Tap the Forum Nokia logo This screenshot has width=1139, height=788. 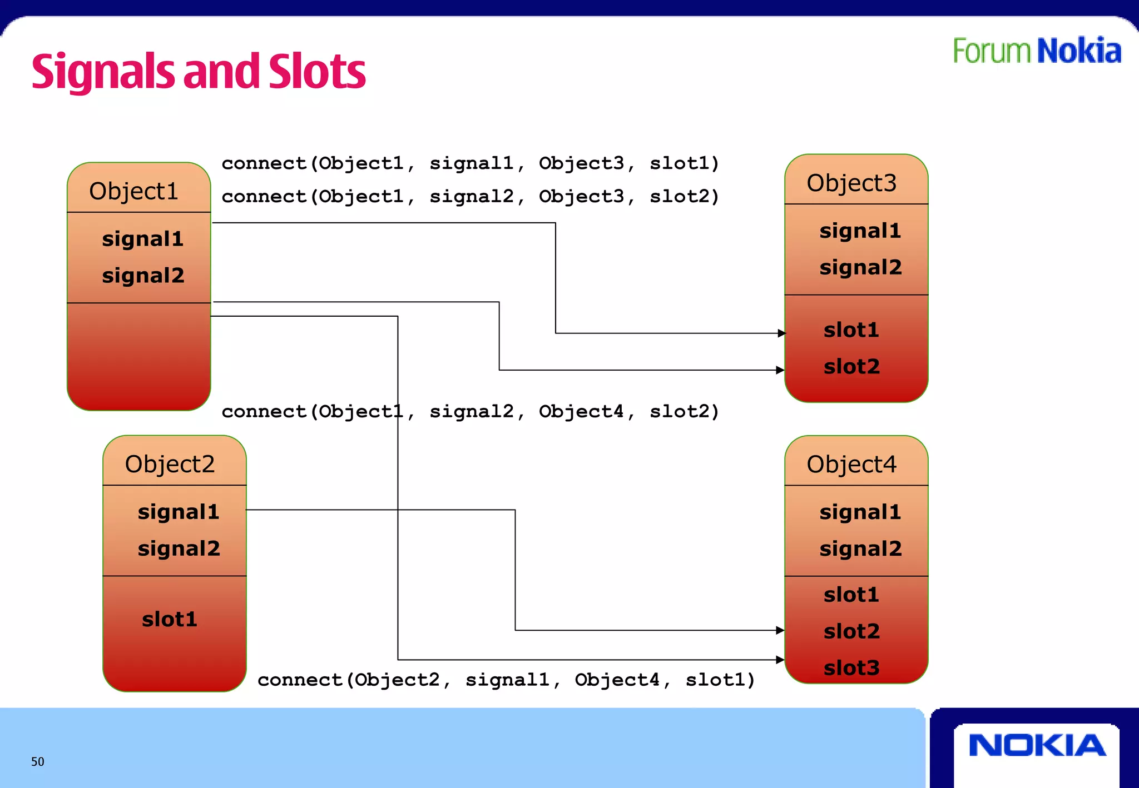click(x=1037, y=51)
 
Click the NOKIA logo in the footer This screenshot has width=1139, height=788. click(x=1037, y=745)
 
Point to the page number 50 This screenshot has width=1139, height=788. click(x=37, y=761)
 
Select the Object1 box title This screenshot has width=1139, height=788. click(x=133, y=191)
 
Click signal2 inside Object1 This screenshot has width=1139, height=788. click(x=143, y=276)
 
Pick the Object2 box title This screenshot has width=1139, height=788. click(x=170, y=464)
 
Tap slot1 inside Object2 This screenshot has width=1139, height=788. click(x=170, y=619)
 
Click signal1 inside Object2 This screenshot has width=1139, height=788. click(x=179, y=512)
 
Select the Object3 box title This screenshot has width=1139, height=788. click(x=851, y=183)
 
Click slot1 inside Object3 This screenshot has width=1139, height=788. click(x=851, y=330)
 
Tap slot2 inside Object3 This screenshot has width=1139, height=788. click(x=851, y=367)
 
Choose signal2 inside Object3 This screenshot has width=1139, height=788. click(x=860, y=267)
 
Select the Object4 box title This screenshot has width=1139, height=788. click(x=851, y=464)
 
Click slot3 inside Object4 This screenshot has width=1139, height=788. click(x=851, y=667)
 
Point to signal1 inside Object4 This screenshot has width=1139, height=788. click(x=860, y=512)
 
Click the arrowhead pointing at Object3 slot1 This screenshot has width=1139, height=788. click(x=781, y=333)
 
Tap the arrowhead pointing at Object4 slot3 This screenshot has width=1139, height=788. click(x=780, y=660)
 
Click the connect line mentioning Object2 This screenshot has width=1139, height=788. click(x=506, y=680)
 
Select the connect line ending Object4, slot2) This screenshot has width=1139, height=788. click(x=471, y=412)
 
